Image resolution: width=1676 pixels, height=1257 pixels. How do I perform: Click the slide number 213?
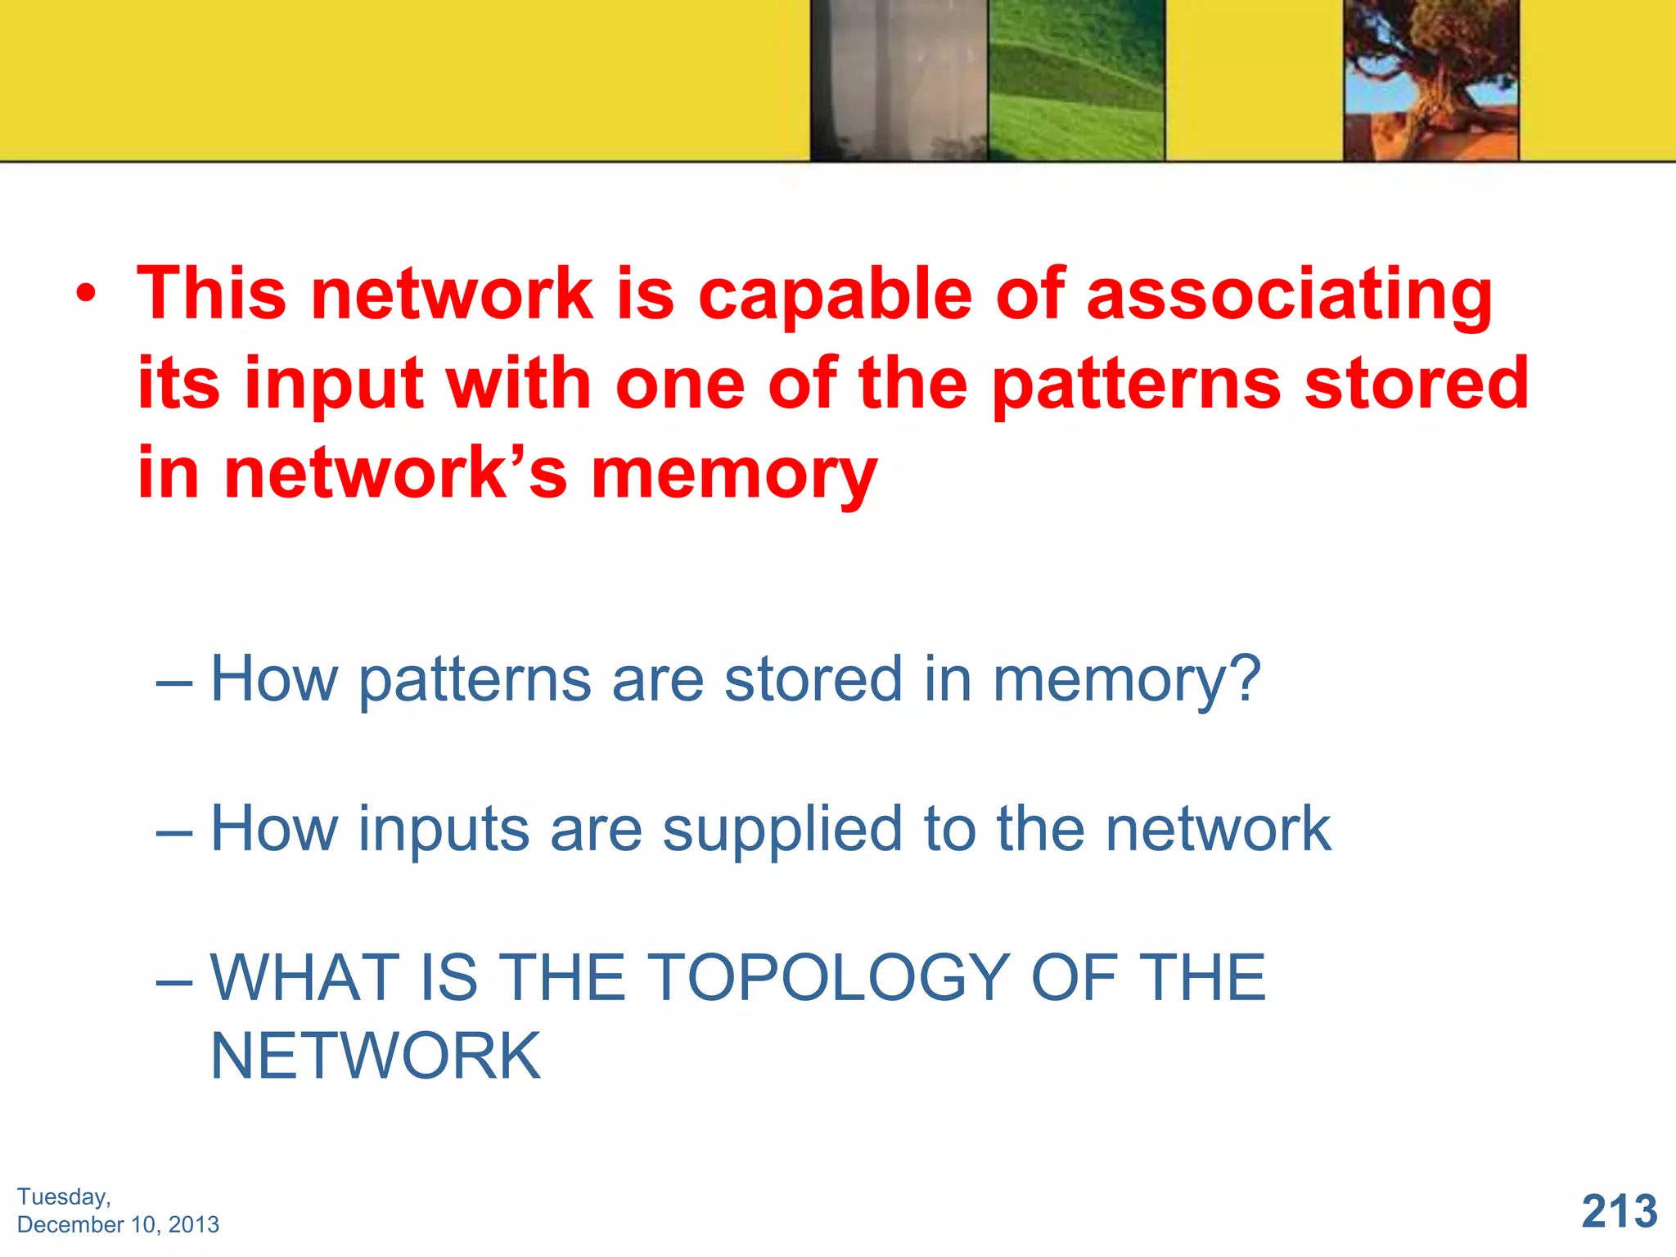tap(1619, 1211)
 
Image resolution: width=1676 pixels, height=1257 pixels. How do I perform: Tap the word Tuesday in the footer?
tap(63, 1197)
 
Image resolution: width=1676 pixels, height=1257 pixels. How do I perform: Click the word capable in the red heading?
tap(835, 295)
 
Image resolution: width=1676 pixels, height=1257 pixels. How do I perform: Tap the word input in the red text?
tap(334, 385)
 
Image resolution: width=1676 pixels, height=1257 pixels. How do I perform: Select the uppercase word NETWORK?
tap(376, 1057)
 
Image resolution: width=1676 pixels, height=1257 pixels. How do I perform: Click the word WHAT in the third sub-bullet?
tap(305, 977)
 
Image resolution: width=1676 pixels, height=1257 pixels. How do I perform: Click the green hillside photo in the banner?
tap(1076, 80)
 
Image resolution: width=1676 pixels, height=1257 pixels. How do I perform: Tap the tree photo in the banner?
tap(1431, 80)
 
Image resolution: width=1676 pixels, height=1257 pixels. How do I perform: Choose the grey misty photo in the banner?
tap(899, 80)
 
